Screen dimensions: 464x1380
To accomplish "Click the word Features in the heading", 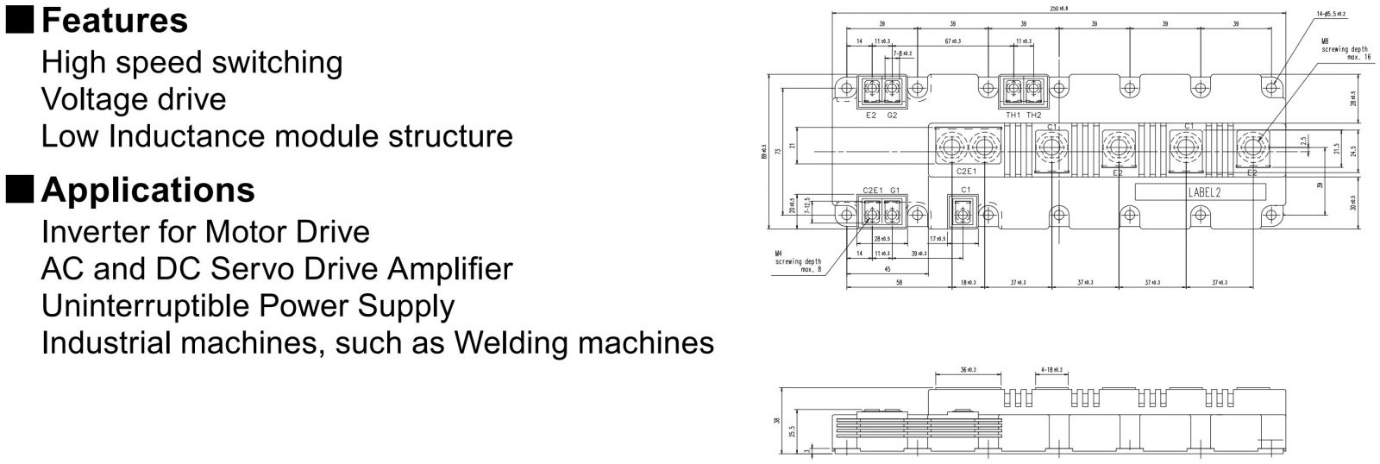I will pos(114,21).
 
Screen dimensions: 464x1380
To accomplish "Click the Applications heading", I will pos(147,190).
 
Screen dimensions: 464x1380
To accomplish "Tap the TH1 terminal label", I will pos(1013,115).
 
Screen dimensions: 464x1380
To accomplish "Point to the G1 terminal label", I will pos(894,190).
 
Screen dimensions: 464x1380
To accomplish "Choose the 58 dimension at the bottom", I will pos(899,282).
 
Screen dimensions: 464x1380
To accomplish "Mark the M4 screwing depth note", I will pos(797,261).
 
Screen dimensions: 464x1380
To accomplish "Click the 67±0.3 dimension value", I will pos(952,41).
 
